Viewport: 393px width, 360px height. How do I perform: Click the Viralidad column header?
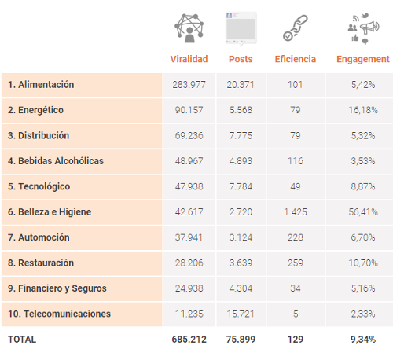pos(189,59)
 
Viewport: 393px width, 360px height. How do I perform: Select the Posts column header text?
pos(241,59)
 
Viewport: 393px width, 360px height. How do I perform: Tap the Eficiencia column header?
pos(296,59)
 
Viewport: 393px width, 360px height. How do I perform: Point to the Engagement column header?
pos(363,59)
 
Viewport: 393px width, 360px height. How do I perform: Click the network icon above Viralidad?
pos(189,28)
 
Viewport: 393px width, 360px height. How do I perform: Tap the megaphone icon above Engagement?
pos(363,28)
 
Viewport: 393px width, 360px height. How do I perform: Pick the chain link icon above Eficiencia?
pos(296,28)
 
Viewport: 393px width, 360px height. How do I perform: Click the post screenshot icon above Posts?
pos(241,29)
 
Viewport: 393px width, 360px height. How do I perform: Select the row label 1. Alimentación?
pos(41,85)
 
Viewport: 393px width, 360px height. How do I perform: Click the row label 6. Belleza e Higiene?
pos(50,212)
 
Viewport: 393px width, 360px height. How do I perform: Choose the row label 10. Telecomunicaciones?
pos(59,314)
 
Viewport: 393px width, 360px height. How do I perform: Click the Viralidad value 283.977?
pos(189,85)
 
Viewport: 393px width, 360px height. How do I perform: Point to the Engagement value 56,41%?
pos(363,212)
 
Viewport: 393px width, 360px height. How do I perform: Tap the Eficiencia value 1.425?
pos(296,212)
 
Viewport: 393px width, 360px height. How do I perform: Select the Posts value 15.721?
pos(241,314)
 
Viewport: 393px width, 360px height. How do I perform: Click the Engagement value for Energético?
pos(363,110)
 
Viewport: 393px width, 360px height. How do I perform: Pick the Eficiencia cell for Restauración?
pos(296,263)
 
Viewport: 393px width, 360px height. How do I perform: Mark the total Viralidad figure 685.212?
pos(189,340)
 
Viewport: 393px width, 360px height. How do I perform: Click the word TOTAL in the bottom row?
pos(22,340)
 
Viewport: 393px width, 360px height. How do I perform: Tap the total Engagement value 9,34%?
pos(363,340)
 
